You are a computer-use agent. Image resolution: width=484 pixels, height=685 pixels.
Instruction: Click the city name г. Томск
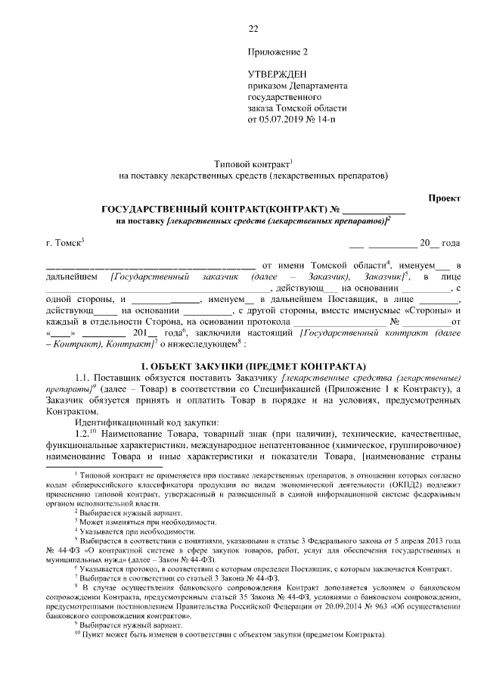(64, 243)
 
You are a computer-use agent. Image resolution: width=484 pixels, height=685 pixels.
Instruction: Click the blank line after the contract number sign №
(374, 209)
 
